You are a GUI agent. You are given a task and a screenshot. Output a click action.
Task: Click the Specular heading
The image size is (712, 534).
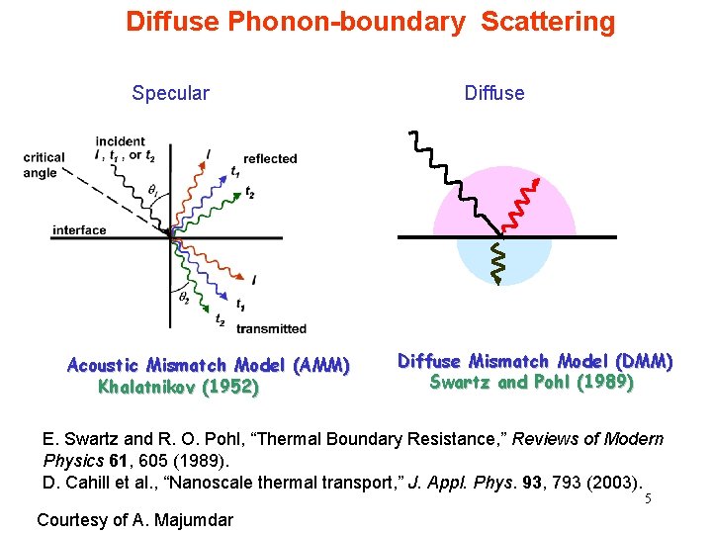click(x=170, y=94)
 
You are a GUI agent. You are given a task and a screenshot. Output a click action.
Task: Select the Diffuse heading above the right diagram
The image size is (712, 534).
click(x=494, y=94)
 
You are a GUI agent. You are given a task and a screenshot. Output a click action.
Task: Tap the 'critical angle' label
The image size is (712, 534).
click(x=44, y=165)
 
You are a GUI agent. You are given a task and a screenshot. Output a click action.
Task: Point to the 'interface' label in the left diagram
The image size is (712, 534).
click(x=79, y=230)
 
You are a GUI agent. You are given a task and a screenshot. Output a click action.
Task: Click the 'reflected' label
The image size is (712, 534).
click(x=269, y=158)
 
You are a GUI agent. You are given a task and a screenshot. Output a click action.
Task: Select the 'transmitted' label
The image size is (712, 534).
click(x=271, y=328)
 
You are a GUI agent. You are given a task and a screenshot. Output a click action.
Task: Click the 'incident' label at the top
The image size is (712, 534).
click(x=120, y=141)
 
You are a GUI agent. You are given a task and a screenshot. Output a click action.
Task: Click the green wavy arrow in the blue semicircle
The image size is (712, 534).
click(x=499, y=262)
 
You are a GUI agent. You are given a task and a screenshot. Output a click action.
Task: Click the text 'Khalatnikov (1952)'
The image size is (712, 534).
click(x=178, y=387)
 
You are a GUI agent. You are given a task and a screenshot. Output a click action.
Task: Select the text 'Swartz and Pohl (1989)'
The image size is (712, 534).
click(x=532, y=382)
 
